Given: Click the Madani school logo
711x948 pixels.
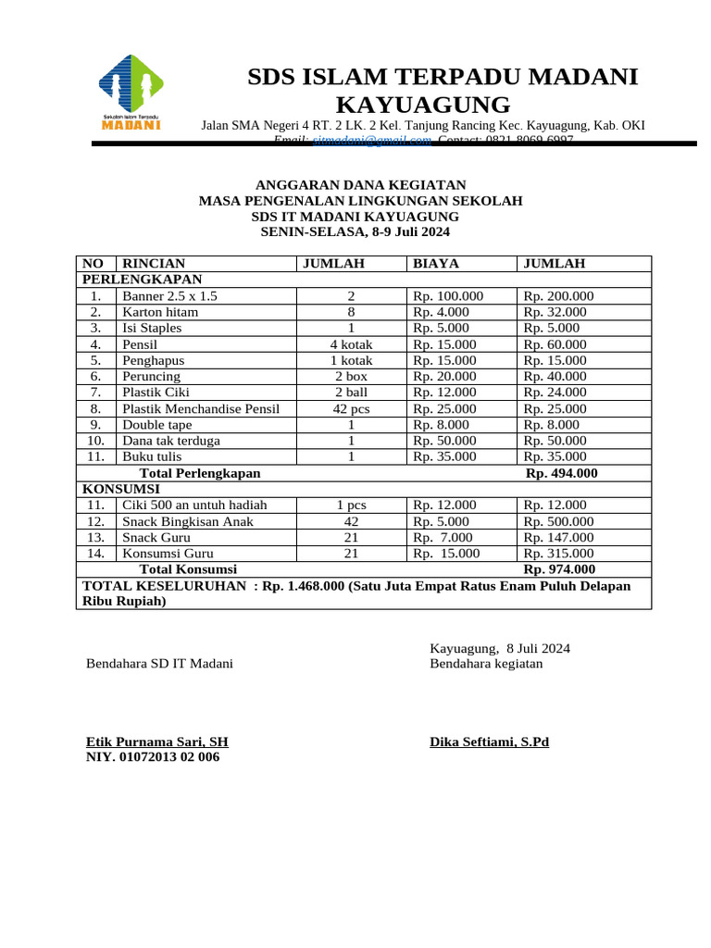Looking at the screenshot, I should pos(131,92).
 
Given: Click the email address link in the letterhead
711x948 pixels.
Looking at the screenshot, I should pos(372,140).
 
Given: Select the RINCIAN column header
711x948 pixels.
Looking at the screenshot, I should pos(154,264).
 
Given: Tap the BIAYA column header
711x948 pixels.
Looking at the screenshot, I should pos(435,264).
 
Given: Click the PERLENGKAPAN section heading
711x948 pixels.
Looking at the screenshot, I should pos(143,279).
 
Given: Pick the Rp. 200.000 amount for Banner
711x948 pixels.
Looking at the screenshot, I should pos(558,296).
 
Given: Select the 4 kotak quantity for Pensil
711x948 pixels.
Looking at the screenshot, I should pos(351,344).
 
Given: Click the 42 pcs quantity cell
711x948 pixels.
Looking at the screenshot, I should pos(351,408).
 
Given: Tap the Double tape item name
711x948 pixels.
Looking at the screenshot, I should pos(157,425).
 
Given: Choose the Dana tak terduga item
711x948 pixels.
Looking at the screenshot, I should pos(171,441).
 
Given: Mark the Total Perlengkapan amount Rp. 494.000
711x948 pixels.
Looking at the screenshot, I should pos(562,473).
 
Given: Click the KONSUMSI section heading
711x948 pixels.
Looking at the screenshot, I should pos(121,488).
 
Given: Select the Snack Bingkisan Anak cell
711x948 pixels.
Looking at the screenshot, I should pos(188,521).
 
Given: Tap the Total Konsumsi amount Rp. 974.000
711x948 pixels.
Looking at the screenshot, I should pos(559,569).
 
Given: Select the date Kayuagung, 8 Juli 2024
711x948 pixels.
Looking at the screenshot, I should pos(500,648).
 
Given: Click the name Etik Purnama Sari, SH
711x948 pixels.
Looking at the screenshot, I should pos(157,742).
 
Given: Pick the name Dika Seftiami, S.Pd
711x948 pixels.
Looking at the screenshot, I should pos(489,742).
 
